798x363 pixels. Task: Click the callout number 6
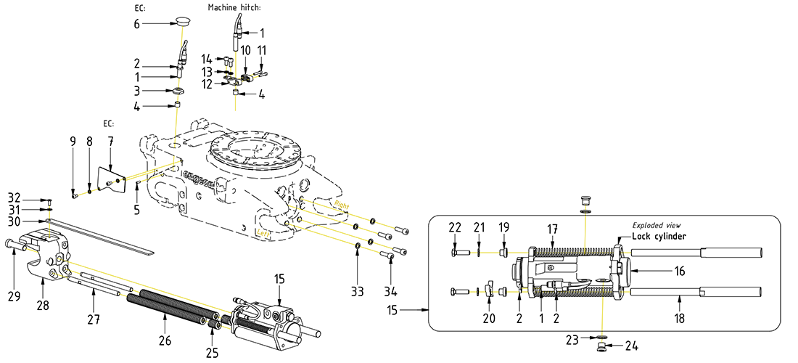136,24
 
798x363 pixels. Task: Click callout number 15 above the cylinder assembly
279,278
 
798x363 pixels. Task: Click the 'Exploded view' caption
657,225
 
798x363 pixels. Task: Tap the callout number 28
43,306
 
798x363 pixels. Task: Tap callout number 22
454,227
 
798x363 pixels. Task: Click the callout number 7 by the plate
111,139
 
